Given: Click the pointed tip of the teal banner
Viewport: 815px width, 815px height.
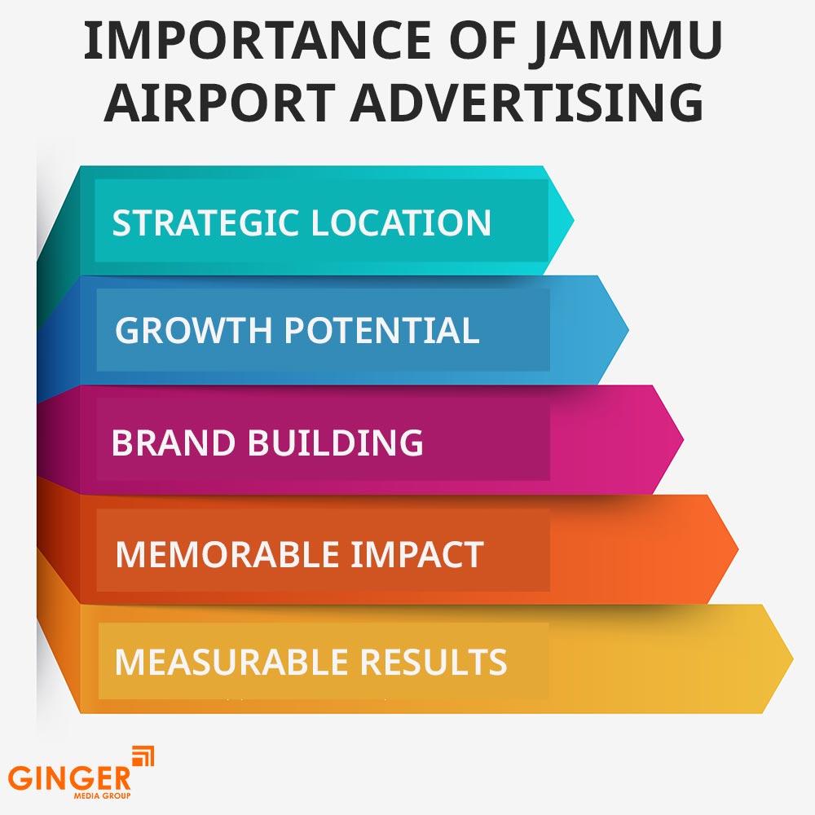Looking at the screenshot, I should click(572, 220).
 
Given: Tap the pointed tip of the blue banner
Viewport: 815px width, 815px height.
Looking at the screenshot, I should click(627, 330).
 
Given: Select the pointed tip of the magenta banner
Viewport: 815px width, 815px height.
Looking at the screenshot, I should click(681, 440).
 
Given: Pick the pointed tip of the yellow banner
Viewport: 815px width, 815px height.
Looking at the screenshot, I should click(791, 659).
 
